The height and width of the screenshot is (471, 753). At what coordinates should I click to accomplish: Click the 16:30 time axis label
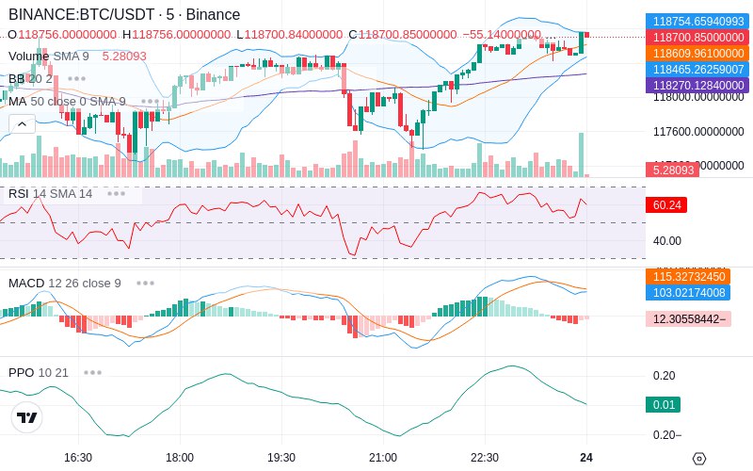[77, 457]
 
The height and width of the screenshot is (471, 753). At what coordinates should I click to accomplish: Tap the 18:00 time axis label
[180, 457]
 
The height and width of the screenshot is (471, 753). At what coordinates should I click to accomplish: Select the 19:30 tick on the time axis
[281, 457]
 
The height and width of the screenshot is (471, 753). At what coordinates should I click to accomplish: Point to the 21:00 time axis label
[383, 457]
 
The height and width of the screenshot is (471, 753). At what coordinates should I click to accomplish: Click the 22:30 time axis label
[485, 457]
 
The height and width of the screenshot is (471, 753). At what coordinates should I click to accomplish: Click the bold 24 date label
[586, 457]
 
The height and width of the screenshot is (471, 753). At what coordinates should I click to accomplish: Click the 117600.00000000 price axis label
[698, 132]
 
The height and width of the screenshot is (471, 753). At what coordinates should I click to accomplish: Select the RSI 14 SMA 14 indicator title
[51, 194]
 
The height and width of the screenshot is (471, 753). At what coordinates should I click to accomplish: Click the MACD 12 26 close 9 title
[65, 283]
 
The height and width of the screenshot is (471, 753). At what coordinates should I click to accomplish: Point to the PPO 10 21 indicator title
[39, 372]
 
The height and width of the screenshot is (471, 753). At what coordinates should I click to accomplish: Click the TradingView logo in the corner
[27, 417]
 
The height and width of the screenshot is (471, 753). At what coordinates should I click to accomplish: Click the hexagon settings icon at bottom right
[698, 459]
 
